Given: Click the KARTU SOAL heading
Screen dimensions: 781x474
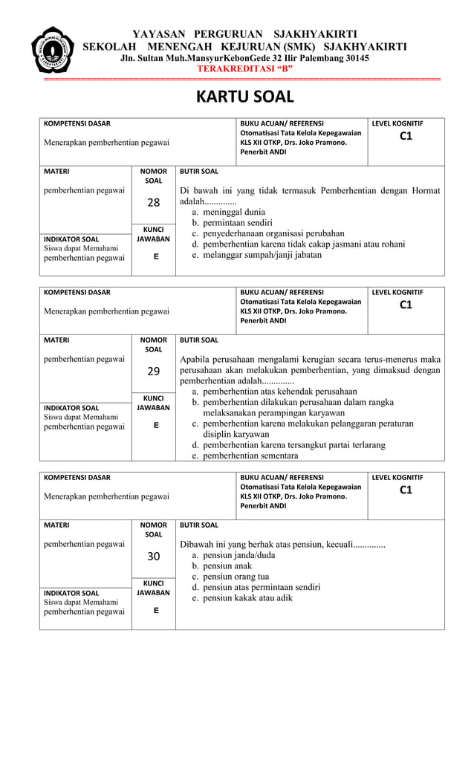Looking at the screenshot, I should pyautogui.click(x=244, y=97).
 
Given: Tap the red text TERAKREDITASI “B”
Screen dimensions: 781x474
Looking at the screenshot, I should pyautogui.click(x=244, y=68).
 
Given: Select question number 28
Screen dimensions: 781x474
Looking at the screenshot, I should pyautogui.click(x=153, y=202).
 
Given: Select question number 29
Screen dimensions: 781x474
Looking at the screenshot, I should pyautogui.click(x=153, y=371).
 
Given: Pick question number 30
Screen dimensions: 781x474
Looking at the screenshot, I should pyautogui.click(x=153, y=556).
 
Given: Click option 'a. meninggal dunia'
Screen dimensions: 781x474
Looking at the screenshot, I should pyautogui.click(x=228, y=212).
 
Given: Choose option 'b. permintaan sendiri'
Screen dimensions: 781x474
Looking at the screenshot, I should pyautogui.click(x=232, y=222).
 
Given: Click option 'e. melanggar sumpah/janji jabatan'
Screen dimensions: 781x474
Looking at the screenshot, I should pyautogui.click(x=256, y=254).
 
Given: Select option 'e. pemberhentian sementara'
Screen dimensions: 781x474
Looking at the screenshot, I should pyautogui.click(x=243, y=456).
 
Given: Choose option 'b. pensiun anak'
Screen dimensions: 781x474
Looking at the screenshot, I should pyautogui.click(x=221, y=566).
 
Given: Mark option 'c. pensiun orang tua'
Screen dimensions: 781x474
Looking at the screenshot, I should pyautogui.click(x=230, y=576).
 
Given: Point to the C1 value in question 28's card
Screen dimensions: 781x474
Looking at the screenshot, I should pyautogui.click(x=406, y=136).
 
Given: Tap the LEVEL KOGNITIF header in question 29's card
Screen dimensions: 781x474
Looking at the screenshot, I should pyautogui.click(x=397, y=292).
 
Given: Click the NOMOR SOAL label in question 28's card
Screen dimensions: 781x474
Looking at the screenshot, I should pyautogui.click(x=153, y=175).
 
